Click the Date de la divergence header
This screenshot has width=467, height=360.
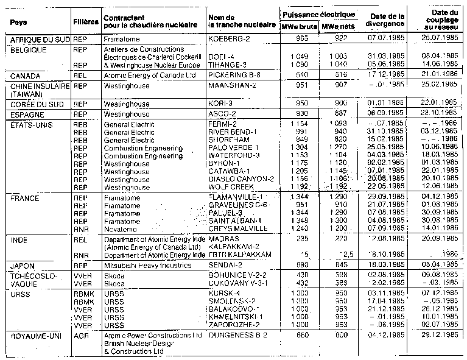(x=386, y=19)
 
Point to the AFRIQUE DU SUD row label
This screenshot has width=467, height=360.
(x=35, y=38)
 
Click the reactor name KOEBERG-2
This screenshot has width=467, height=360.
(x=230, y=38)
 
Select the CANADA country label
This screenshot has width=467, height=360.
(x=21, y=75)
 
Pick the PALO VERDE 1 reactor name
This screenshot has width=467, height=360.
(x=234, y=148)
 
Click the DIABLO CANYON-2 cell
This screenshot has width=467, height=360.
(x=241, y=180)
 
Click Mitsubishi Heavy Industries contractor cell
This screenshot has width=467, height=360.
(x=147, y=266)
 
